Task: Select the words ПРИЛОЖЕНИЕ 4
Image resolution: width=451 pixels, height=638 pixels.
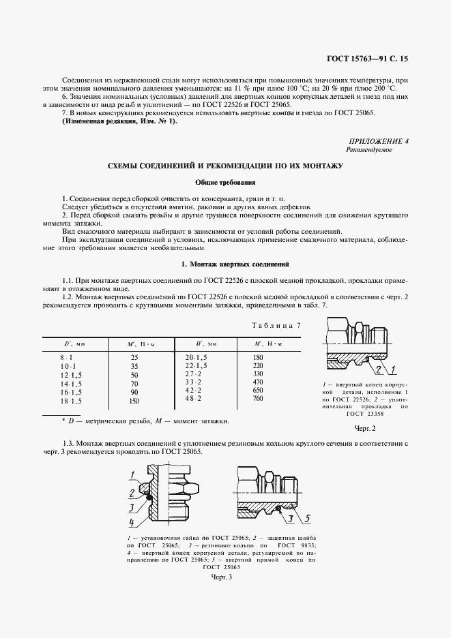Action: coord(379,140)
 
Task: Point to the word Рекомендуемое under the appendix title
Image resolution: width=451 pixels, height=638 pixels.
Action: coord(369,149)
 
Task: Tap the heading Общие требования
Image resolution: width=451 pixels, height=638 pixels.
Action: coord(225,183)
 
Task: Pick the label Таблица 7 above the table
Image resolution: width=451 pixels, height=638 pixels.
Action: coord(276,326)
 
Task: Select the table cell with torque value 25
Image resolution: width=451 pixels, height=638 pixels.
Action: coord(134,357)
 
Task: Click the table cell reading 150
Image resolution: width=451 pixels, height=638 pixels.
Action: coord(134,402)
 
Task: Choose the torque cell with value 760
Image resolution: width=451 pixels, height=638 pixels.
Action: coord(258,399)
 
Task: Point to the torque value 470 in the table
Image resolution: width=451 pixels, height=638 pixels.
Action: coord(258,382)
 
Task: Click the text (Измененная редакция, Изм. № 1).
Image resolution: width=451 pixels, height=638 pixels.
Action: coord(119,121)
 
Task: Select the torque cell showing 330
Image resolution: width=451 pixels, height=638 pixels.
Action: coord(258,374)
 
